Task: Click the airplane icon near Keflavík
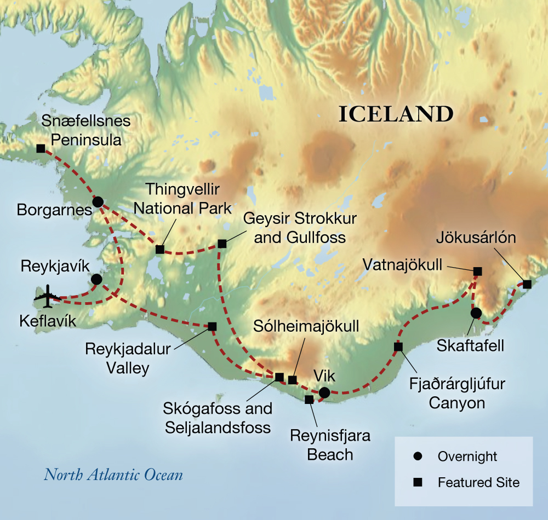(x=48, y=296)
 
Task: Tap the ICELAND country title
(x=396, y=114)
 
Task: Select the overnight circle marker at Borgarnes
(x=98, y=202)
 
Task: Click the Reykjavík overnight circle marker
(x=96, y=279)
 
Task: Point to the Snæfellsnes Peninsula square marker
(x=40, y=148)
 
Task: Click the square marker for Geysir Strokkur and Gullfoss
(x=222, y=244)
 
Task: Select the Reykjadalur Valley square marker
(x=212, y=326)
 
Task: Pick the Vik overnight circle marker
(x=324, y=392)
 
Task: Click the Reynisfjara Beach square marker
(x=309, y=400)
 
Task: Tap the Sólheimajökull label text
(x=306, y=327)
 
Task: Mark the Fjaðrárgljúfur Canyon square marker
(x=398, y=346)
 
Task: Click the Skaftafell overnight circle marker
(x=476, y=313)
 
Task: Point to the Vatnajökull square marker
(x=477, y=271)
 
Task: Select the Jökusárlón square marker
(x=527, y=284)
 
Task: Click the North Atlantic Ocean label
(x=113, y=474)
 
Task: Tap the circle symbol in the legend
(x=418, y=456)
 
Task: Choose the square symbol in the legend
(x=418, y=483)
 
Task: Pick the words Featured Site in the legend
(x=478, y=483)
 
